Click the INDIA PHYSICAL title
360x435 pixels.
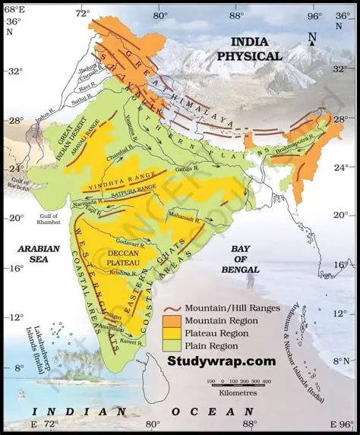(x=249, y=49)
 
